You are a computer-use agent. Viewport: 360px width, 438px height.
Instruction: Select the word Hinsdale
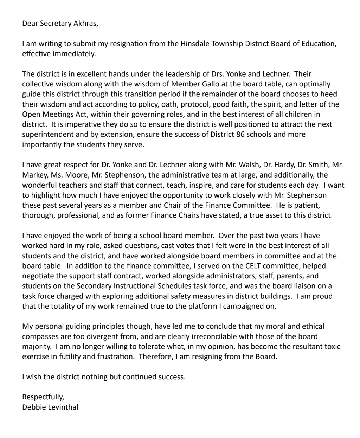tap(193, 44)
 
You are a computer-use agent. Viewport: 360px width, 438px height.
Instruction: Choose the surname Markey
tap(34, 175)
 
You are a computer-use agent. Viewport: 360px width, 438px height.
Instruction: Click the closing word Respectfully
tap(43, 397)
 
